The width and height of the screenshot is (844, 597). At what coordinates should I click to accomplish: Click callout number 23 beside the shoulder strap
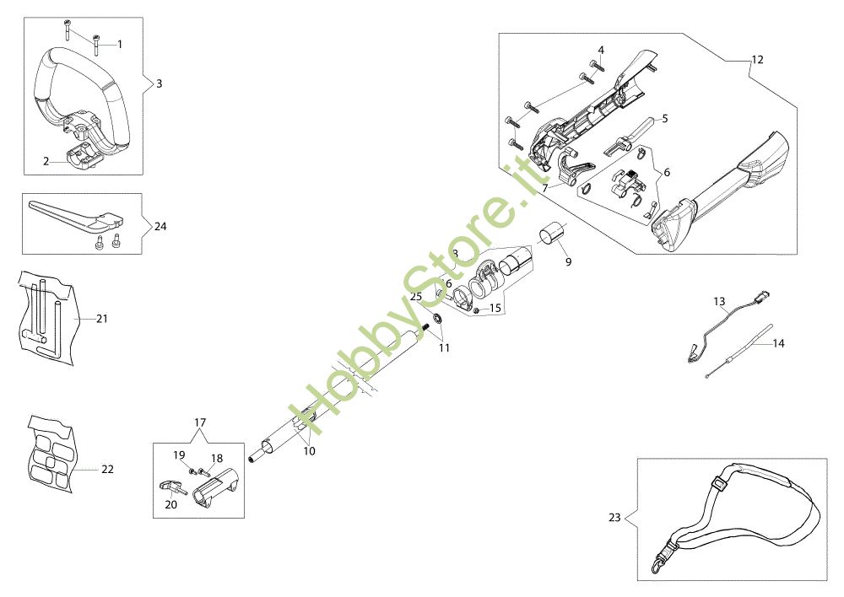614,517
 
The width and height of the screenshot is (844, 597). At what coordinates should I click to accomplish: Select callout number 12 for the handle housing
756,59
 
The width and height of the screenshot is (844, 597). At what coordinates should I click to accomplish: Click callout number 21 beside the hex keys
102,319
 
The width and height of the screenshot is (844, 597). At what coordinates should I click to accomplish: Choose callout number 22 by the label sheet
107,469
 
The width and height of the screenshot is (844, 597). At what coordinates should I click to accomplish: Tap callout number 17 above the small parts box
200,422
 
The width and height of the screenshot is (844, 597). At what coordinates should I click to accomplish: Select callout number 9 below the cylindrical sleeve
568,262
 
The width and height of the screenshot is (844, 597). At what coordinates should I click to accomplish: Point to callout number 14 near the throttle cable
778,344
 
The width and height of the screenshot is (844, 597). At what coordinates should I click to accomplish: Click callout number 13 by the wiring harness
719,300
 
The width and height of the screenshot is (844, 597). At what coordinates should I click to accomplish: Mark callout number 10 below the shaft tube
309,451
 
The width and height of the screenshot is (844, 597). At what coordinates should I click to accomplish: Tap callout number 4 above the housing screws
601,50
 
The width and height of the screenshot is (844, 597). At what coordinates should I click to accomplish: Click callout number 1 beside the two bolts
119,43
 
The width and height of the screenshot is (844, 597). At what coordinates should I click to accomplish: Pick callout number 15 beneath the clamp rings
495,309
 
